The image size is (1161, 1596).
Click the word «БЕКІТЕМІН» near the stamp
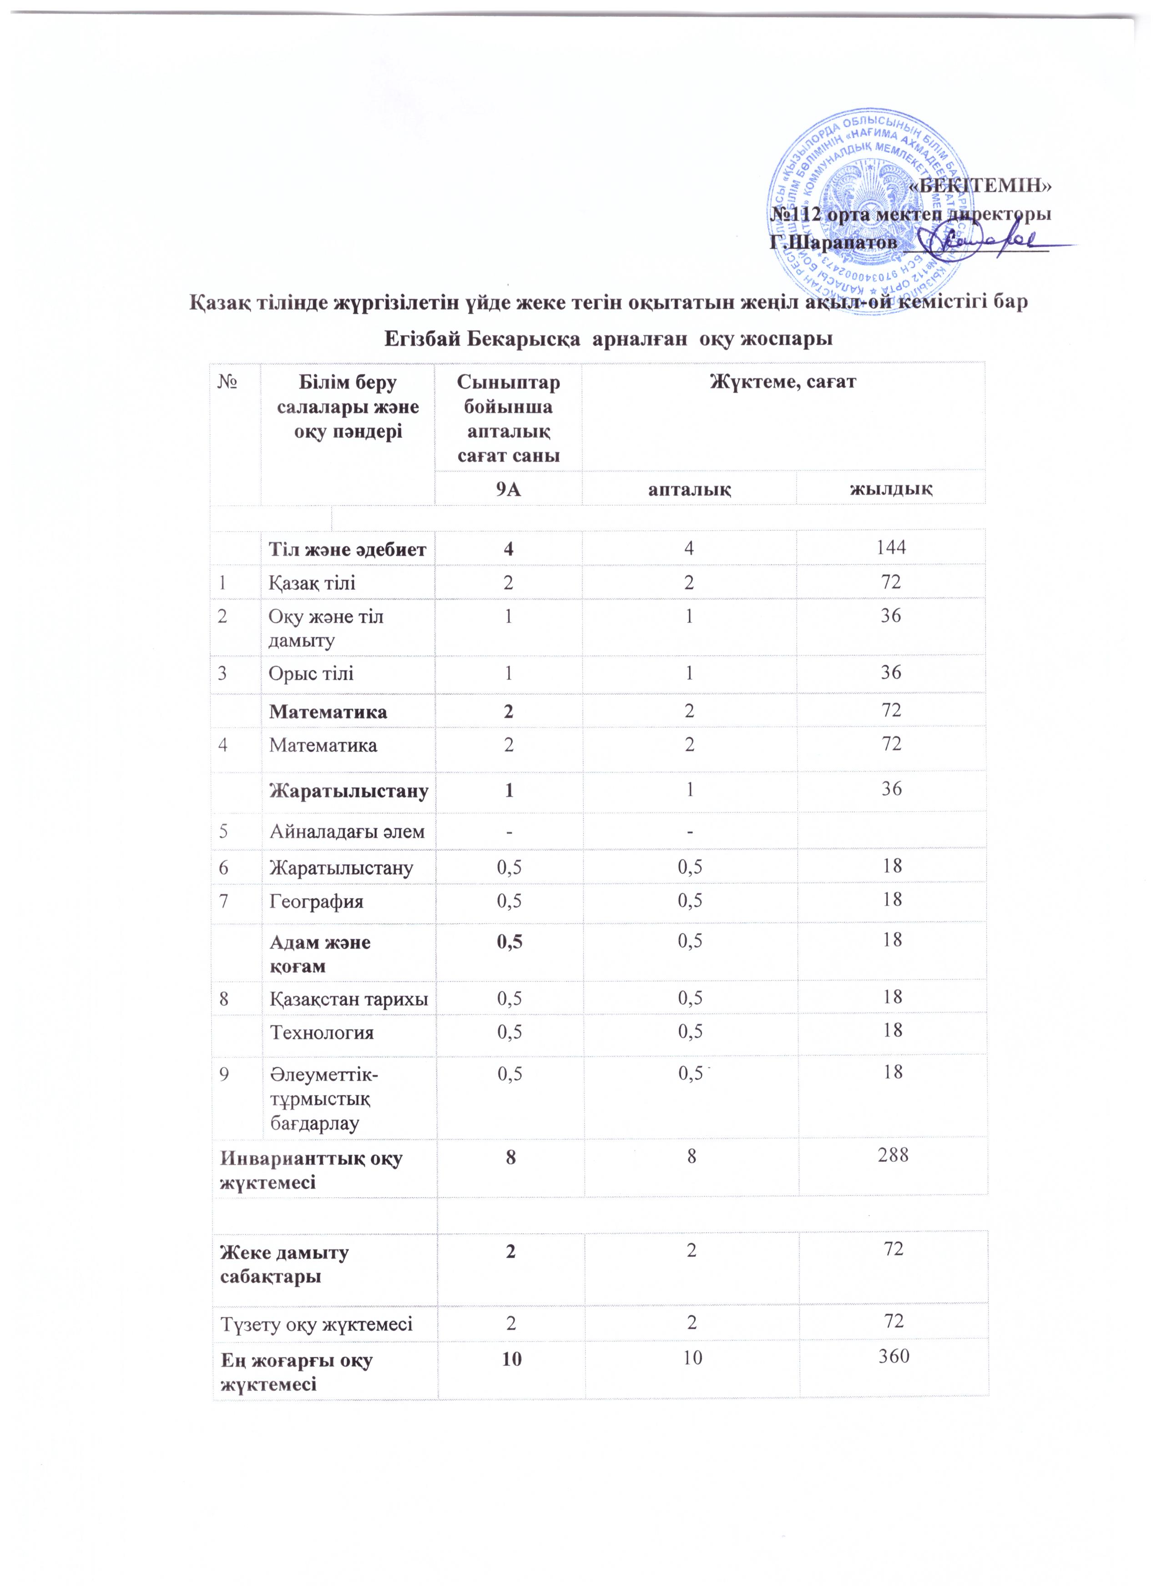[x=981, y=186]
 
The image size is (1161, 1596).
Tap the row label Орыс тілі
[x=311, y=673]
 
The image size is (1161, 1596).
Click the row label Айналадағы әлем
[x=347, y=831]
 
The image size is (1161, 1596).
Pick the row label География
[x=316, y=901]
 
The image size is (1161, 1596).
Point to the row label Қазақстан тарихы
[x=348, y=998]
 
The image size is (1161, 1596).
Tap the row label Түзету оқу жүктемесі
[x=316, y=1325]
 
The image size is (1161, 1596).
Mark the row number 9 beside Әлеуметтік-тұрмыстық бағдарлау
[x=223, y=1074]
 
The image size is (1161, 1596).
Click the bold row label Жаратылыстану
[x=348, y=792]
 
